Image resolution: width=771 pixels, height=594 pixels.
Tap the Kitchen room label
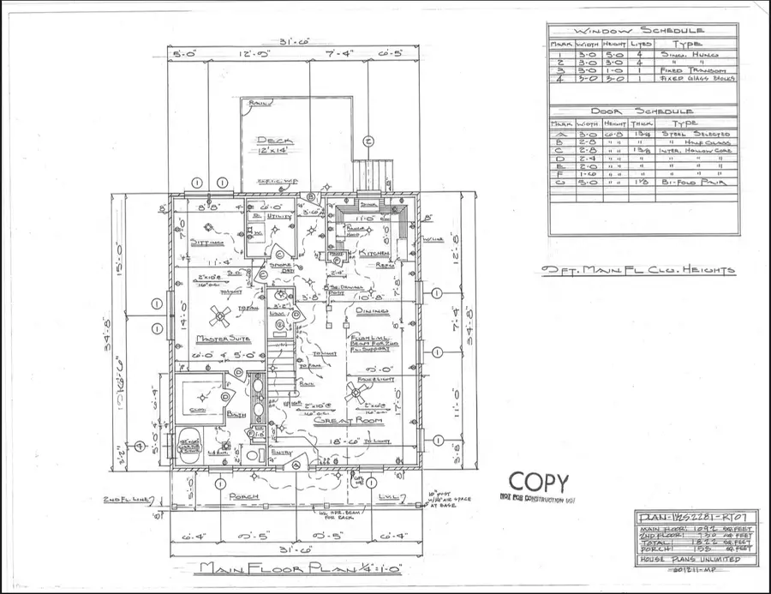pos(374,255)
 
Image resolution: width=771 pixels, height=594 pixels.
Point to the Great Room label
pos(339,421)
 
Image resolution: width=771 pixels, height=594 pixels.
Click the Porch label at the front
pos(232,496)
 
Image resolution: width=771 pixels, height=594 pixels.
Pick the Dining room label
pos(374,311)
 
